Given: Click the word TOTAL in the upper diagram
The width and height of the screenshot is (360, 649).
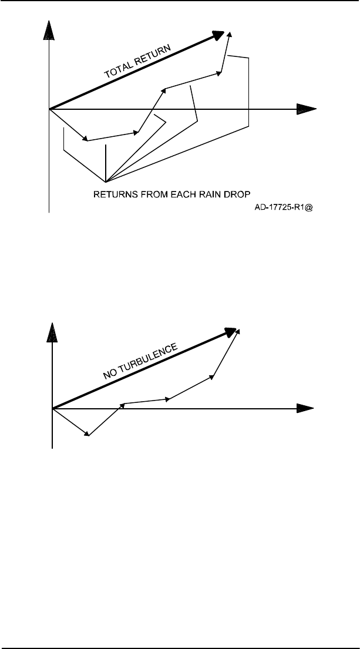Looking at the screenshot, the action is click(x=117, y=70).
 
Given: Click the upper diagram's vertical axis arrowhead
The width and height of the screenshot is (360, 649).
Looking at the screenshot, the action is click(x=50, y=29).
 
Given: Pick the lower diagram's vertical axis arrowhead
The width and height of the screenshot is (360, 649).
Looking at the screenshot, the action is click(x=53, y=330).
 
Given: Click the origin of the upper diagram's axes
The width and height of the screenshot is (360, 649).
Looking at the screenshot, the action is click(x=50, y=109).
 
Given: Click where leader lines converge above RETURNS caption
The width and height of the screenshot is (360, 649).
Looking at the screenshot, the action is click(x=105, y=181).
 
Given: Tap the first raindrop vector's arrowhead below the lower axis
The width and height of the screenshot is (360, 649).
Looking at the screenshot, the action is click(x=88, y=434).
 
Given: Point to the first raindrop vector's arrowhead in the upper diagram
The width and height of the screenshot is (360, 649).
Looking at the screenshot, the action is click(x=86, y=139).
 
